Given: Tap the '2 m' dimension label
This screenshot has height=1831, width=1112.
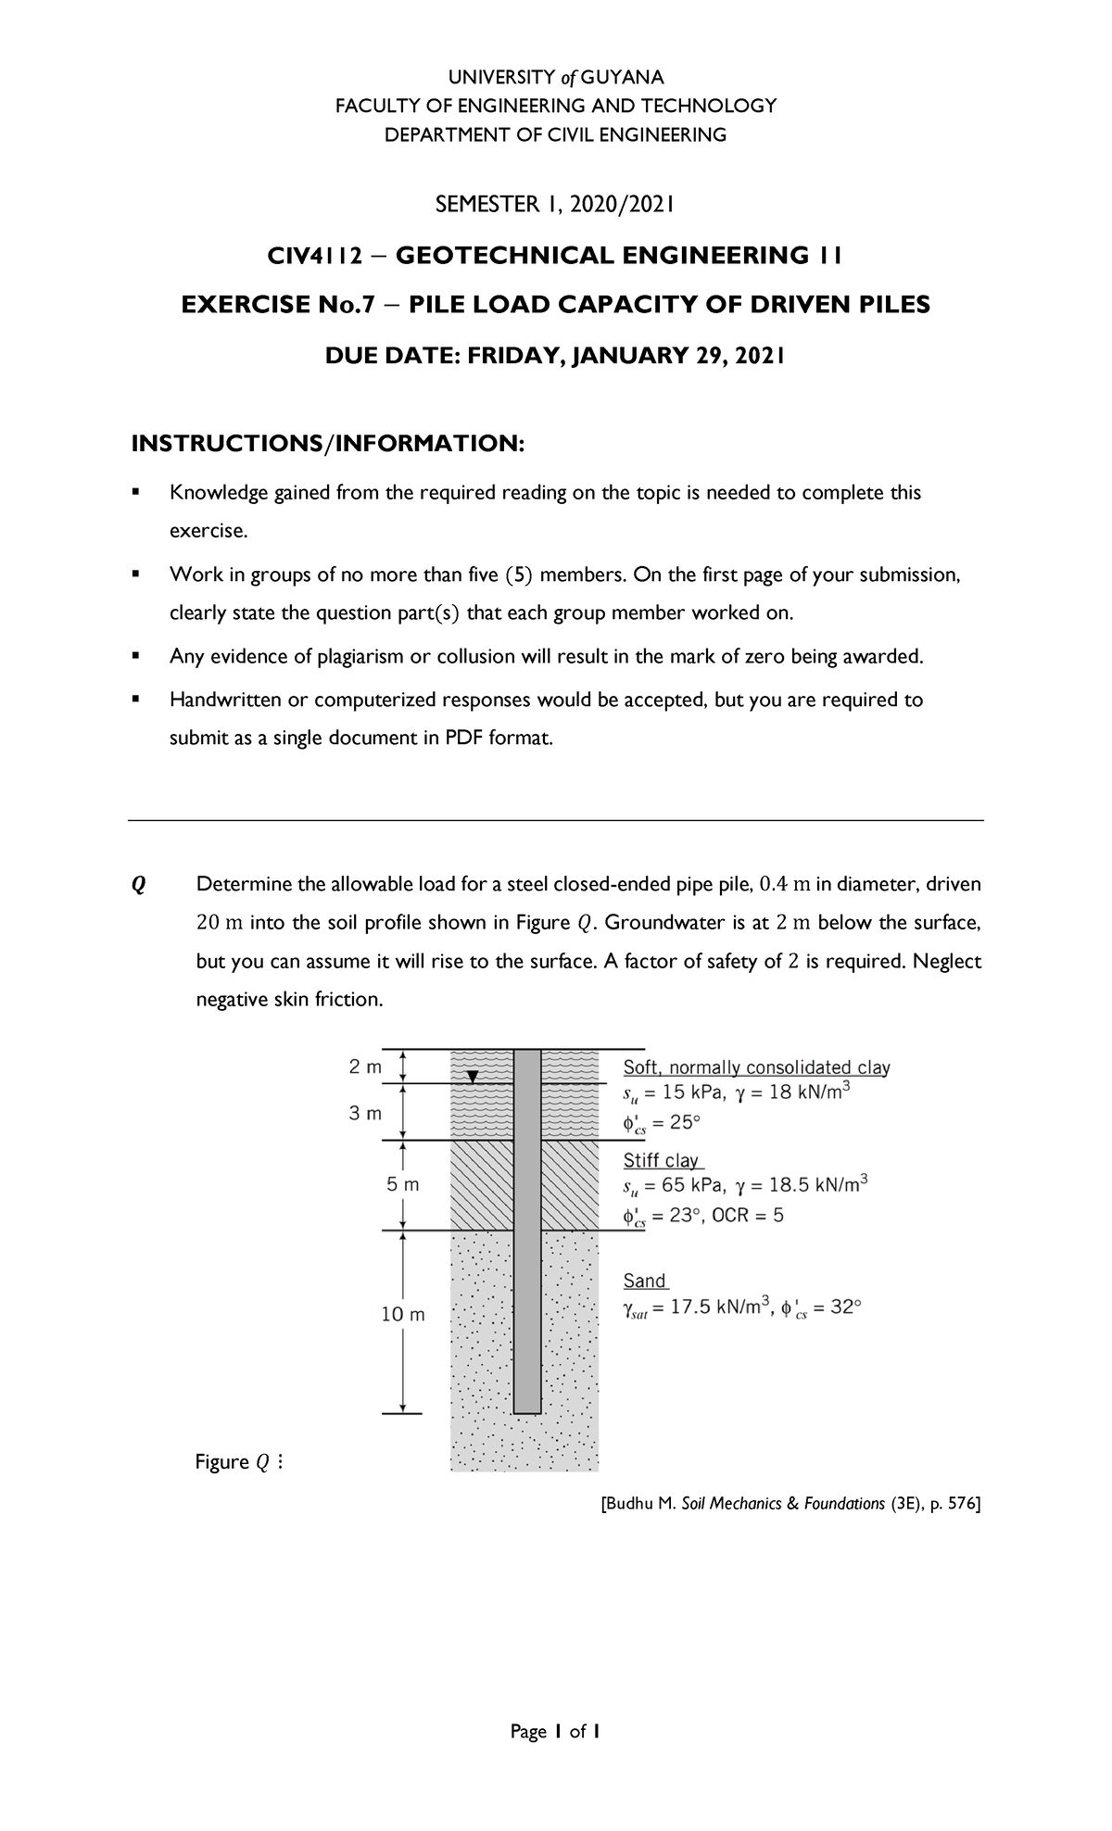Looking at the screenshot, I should click(x=365, y=1067).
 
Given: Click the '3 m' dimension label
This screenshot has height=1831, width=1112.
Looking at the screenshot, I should click(x=365, y=1113).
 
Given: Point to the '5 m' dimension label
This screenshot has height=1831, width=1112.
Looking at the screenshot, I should click(x=402, y=1184).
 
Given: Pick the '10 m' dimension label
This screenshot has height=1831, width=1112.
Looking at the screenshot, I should click(x=403, y=1314).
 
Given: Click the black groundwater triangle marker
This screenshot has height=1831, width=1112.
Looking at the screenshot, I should click(x=473, y=1077).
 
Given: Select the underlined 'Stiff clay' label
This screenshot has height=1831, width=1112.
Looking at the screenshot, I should click(x=662, y=1160).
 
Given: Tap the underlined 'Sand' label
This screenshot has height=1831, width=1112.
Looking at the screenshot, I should click(x=644, y=1281).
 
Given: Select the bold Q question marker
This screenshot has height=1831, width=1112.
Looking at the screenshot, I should click(x=138, y=885).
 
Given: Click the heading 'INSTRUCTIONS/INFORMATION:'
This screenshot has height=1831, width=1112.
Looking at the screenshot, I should click(x=327, y=443).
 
